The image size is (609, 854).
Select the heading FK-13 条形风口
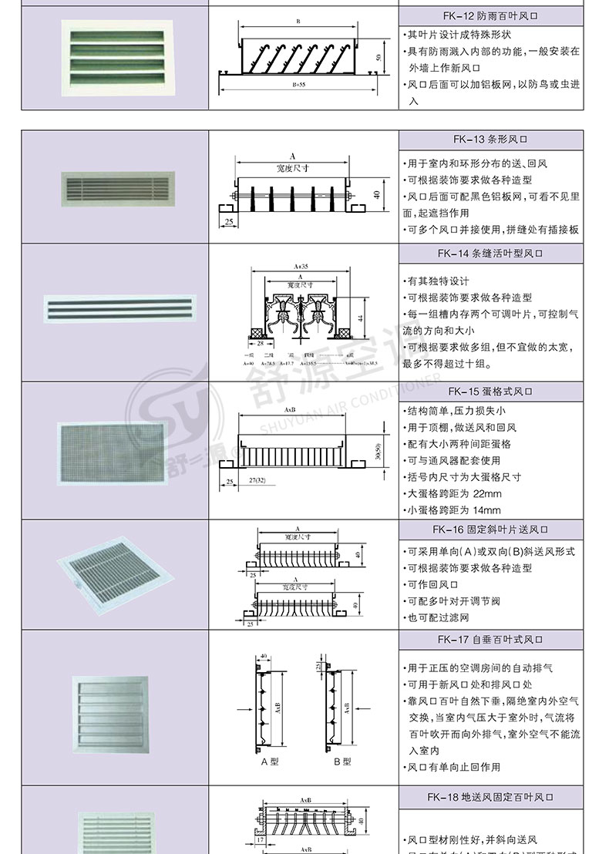(x=491, y=140)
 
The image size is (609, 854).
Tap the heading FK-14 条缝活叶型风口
(x=491, y=253)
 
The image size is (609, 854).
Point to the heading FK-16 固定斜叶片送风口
(x=491, y=530)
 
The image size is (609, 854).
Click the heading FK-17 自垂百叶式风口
(x=491, y=639)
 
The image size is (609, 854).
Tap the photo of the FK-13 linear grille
(x=116, y=188)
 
